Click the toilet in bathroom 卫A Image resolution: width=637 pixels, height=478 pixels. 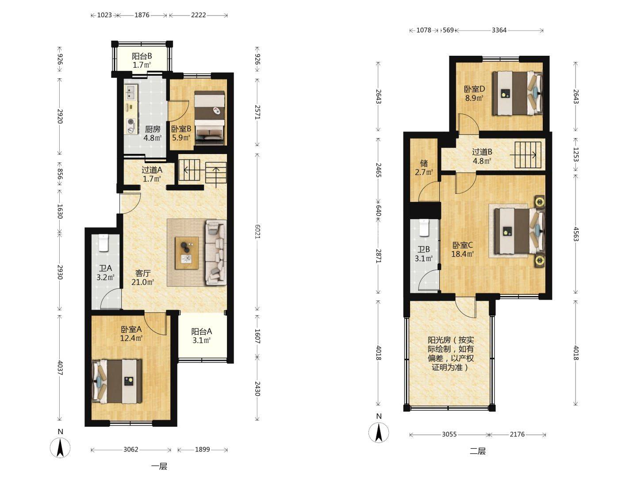click(x=103, y=243)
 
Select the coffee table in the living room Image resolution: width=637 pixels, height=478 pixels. click(x=187, y=253)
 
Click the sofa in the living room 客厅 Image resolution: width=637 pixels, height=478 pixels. click(x=216, y=252)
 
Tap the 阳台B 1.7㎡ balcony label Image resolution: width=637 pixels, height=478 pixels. click(x=142, y=60)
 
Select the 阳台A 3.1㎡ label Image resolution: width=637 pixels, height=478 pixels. click(x=202, y=336)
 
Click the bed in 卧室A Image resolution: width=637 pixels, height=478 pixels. click(x=117, y=382)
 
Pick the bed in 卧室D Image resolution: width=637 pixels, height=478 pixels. click(x=518, y=93)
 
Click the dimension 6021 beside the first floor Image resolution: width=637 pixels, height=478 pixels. click(x=257, y=231)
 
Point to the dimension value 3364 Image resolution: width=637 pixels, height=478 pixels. click(x=499, y=30)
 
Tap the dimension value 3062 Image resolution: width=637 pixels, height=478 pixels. click(x=130, y=450)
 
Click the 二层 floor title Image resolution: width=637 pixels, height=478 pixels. click(x=477, y=451)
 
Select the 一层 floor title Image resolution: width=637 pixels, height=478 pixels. click(x=159, y=466)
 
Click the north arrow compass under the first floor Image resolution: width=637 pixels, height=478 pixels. click(x=60, y=448)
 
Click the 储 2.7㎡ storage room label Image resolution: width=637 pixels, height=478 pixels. click(x=424, y=168)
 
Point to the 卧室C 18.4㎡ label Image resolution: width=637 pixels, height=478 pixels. click(x=462, y=250)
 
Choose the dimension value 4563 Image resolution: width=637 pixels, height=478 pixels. click(x=576, y=234)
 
